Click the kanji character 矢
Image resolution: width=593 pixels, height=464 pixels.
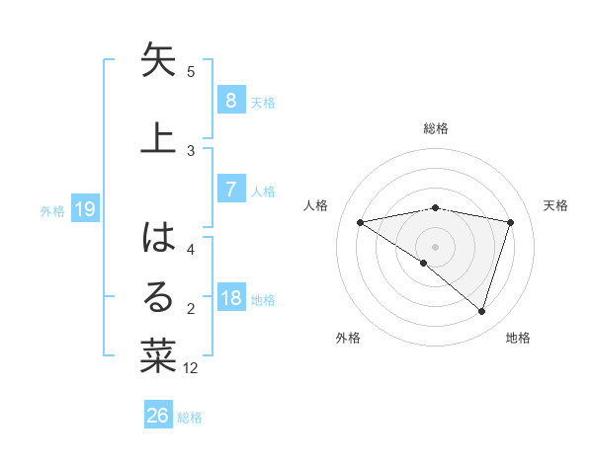[x=158, y=60]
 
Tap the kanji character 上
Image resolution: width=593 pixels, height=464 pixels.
[x=158, y=135]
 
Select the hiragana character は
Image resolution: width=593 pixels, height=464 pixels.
[x=158, y=238]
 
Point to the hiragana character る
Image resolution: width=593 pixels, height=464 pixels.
[x=158, y=297]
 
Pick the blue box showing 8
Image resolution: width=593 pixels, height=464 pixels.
[x=230, y=100]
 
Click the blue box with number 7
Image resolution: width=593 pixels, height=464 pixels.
[x=230, y=190]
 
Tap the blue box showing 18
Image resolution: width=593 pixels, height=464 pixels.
[x=230, y=298]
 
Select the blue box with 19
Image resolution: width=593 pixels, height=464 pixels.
[x=84, y=208]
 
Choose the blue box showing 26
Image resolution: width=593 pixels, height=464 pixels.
[x=157, y=416]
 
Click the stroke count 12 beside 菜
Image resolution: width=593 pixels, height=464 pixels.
[x=191, y=368]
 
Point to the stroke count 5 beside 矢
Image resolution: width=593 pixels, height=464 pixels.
[x=191, y=72]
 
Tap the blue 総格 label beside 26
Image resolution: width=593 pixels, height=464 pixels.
[x=190, y=418]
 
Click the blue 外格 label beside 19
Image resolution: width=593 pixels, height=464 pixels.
[x=52, y=210]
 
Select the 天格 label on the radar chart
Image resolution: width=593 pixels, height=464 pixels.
[x=556, y=205]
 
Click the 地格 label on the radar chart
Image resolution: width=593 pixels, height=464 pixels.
[x=518, y=338]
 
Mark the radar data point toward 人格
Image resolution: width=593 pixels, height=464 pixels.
[x=360, y=222]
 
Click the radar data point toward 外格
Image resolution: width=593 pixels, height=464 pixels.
[x=424, y=263]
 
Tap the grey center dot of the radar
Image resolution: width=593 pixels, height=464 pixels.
[x=435, y=245]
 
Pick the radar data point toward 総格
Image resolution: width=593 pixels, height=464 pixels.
[x=435, y=207]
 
